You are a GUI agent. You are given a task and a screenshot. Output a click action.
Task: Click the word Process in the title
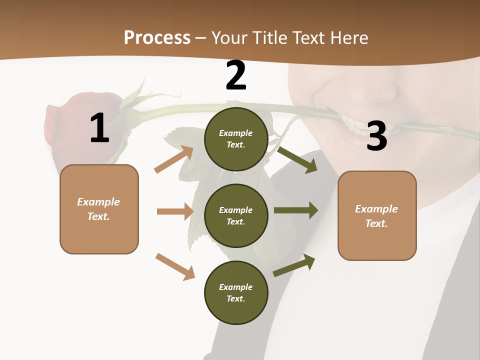(157, 37)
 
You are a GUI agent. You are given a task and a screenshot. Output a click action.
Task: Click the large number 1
(99, 128)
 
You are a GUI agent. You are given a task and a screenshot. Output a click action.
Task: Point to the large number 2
(236, 75)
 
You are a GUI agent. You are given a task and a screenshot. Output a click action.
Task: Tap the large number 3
(376, 136)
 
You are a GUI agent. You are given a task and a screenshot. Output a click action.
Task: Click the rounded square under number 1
(99, 209)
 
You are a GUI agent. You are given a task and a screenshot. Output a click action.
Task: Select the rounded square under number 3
(377, 215)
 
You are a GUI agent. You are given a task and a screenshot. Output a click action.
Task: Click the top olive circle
(236, 139)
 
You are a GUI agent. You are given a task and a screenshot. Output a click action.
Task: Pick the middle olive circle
(236, 215)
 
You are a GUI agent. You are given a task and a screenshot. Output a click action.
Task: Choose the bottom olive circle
(236, 292)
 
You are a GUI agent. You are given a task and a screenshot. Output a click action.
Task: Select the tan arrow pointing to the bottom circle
(175, 266)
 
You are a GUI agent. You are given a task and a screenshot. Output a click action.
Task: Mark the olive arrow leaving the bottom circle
(294, 265)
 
